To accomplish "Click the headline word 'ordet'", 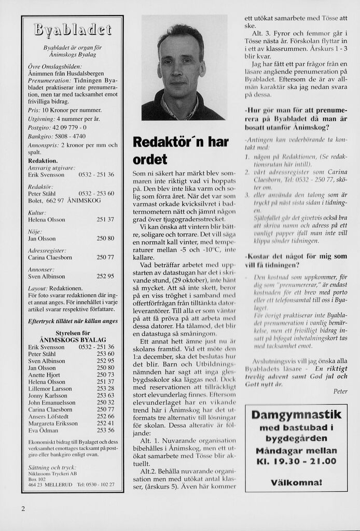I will tap(150, 159).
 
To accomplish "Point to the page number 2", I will tap(23, 508).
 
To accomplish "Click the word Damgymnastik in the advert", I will tap(296, 414).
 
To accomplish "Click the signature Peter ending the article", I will tap(340, 390).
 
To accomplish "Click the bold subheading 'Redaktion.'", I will tap(43, 161).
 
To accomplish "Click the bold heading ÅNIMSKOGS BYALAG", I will tap(73, 340).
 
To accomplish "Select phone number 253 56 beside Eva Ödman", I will tap(105, 430).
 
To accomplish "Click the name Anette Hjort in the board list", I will tap(44, 374).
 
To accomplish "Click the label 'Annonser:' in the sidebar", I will tap(41, 269).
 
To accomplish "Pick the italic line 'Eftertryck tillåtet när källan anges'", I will tap(73, 321).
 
